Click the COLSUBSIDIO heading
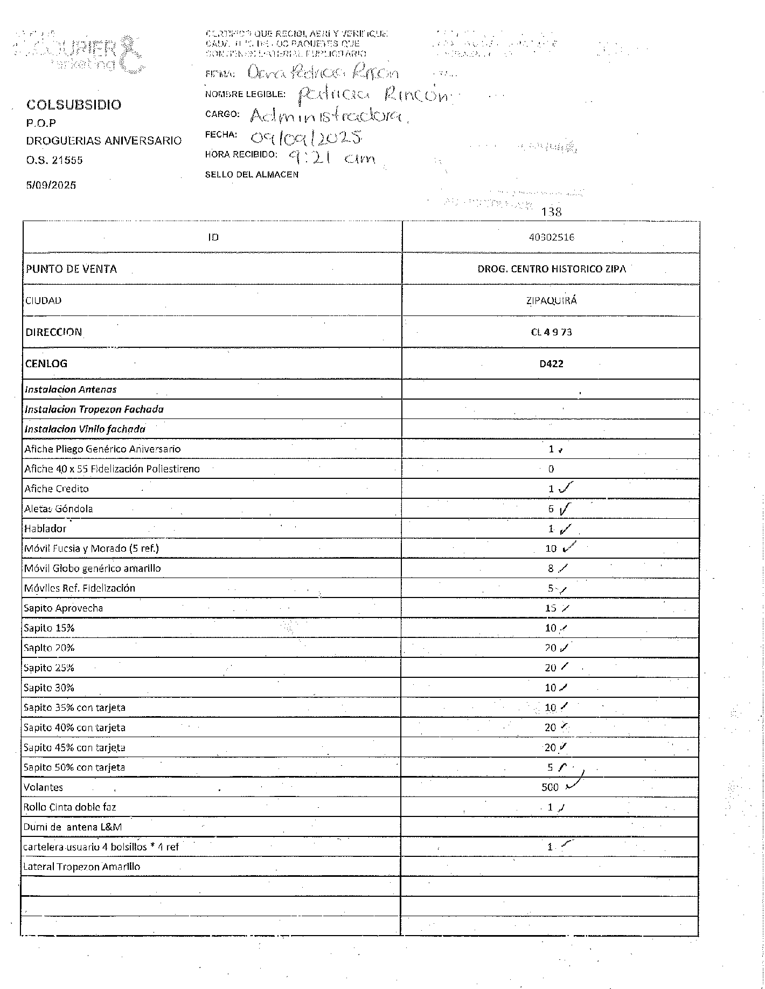[74, 105]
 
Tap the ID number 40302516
[552, 237]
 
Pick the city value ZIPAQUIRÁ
[551, 300]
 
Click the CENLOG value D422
[551, 363]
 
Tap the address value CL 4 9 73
[551, 332]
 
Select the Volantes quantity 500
[550, 787]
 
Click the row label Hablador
[45, 528]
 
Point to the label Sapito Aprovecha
[64, 608]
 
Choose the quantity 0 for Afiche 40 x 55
[551, 469]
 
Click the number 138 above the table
[552, 212]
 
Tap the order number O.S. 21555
[54, 160]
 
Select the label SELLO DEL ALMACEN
[252, 175]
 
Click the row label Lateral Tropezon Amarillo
[82, 867]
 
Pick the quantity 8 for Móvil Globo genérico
[551, 568]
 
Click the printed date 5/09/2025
[51, 185]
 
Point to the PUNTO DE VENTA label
[71, 269]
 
